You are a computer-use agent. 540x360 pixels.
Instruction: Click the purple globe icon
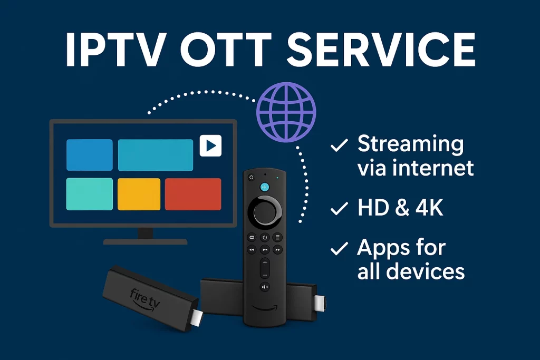point(286,111)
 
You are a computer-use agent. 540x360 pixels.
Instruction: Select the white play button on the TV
point(210,146)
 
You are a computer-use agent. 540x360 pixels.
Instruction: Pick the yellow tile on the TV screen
point(139,194)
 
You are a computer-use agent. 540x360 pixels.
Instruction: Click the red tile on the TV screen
point(192,194)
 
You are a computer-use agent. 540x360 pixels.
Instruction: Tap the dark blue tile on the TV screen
point(89,154)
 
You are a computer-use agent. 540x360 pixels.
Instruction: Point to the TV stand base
point(145,241)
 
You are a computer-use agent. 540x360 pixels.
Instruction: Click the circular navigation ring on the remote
point(265,211)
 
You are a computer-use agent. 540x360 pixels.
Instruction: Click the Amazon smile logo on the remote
point(265,307)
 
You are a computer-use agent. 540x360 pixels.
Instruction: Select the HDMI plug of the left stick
point(195,318)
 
